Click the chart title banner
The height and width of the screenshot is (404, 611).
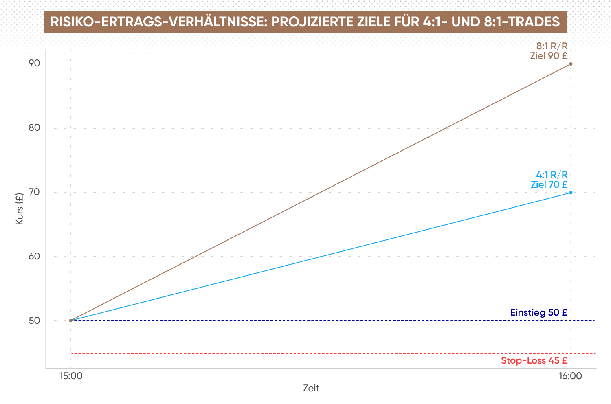point(305,22)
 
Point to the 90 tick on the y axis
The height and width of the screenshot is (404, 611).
point(34,63)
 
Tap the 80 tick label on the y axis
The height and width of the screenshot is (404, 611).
point(34,127)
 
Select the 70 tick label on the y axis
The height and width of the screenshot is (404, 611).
point(34,192)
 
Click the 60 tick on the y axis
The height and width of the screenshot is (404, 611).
point(34,256)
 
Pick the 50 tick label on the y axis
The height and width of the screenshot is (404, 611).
point(34,321)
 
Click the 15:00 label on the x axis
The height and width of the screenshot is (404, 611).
point(71,376)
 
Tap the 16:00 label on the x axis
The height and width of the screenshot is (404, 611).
point(570,376)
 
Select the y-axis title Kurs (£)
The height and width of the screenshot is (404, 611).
point(20,209)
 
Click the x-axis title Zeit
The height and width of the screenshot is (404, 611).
point(311,388)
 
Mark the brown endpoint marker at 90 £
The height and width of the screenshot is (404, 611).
point(571,64)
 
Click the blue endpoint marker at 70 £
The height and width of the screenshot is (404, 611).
point(571,193)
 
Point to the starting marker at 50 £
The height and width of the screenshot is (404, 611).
point(70,321)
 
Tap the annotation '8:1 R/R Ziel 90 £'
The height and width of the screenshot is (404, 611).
point(549,51)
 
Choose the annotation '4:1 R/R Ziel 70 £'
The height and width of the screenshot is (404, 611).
point(549,180)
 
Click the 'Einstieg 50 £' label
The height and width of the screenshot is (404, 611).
point(539,312)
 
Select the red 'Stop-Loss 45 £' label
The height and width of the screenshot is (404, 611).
point(534,360)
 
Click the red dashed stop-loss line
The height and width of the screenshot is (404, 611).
point(333,353)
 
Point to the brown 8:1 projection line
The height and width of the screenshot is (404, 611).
point(321,192)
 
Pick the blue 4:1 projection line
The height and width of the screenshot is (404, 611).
point(321,257)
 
